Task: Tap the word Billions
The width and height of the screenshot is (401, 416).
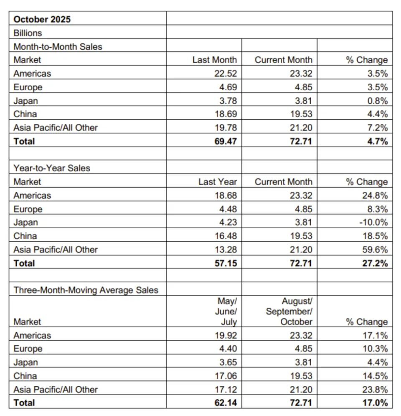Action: pos(28,33)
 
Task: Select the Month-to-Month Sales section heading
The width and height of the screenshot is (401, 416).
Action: pos(58,46)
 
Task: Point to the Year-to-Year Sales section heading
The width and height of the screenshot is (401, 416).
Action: pos(52,168)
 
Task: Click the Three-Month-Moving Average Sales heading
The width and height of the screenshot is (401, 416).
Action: pos(86,290)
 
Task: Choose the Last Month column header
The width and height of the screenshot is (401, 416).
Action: pos(214,60)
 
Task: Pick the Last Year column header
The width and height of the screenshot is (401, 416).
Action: pos(217,182)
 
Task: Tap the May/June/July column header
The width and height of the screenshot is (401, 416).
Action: pos(227,311)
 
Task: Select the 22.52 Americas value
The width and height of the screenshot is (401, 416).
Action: pos(226,74)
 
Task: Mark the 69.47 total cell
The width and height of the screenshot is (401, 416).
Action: pos(226,141)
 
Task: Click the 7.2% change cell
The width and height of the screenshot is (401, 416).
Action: pos(378,128)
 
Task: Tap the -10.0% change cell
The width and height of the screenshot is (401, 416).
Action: pos(373,222)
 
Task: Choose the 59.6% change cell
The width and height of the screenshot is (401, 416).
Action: pos(376,250)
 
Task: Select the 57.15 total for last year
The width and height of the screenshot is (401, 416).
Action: pos(226,263)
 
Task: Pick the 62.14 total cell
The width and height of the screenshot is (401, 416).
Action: pos(226,403)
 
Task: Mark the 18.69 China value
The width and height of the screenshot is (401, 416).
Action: pos(226,114)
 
